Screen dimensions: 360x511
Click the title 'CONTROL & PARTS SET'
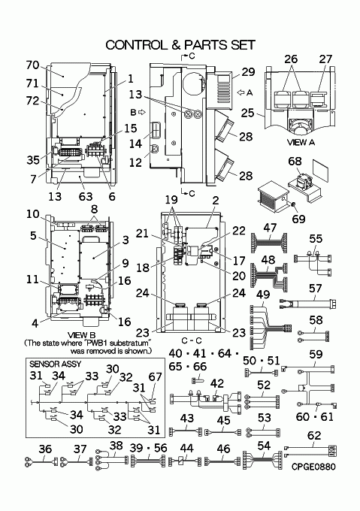tap(180, 45)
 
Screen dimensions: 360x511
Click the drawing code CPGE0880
tap(313, 467)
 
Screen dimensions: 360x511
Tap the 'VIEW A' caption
tap(301, 142)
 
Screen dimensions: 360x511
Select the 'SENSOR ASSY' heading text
tap(56, 364)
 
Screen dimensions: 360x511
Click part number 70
tap(32, 65)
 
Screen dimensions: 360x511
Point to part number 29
tap(248, 72)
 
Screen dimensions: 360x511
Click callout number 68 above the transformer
tap(295, 161)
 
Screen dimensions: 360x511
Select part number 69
tap(299, 219)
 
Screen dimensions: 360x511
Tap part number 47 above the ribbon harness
tap(270, 228)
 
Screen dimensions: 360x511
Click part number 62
tap(314, 435)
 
